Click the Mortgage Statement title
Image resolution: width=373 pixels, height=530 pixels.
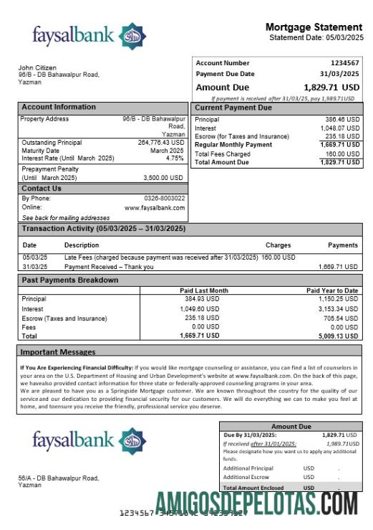pyautogui.click(x=315, y=27)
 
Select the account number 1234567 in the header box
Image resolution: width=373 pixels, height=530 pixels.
pyautogui.click(x=344, y=63)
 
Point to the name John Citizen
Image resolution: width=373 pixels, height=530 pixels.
pyautogui.click(x=37, y=68)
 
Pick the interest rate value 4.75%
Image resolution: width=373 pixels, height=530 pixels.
pyautogui.click(x=175, y=158)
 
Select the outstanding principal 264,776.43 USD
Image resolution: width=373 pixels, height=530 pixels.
pyautogui.click(x=161, y=142)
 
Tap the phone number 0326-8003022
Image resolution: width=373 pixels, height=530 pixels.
pyautogui.click(x=165, y=198)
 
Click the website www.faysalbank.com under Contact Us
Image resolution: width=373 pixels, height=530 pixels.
pyautogui.click(x=155, y=207)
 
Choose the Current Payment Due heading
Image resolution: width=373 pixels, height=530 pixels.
pyautogui.click(x=233, y=108)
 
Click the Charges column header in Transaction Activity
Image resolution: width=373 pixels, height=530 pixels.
pyautogui.click(x=278, y=245)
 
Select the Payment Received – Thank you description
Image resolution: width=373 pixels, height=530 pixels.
pyautogui.click(x=109, y=266)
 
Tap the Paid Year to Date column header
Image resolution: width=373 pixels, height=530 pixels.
pyautogui.click(x=332, y=290)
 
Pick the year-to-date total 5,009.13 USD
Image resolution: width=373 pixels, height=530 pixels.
pyautogui.click(x=339, y=335)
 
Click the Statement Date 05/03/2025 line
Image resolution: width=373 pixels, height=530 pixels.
pyautogui.click(x=316, y=37)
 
